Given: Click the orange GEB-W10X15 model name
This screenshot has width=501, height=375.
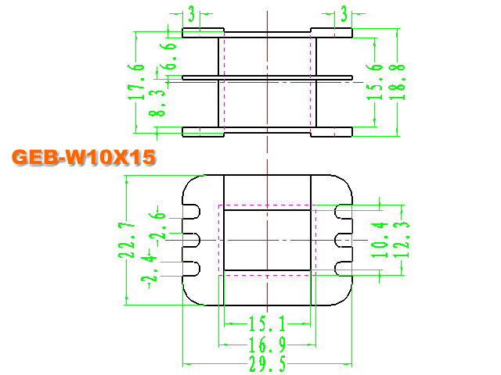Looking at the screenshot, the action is click(x=84, y=157).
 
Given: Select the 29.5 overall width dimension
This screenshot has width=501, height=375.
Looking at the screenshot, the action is click(x=268, y=364).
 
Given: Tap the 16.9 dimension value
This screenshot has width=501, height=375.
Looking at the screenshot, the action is click(x=268, y=345).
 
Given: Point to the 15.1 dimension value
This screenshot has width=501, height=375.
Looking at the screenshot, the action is click(x=267, y=324).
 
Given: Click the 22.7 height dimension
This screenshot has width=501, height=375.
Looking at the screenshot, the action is click(x=127, y=240).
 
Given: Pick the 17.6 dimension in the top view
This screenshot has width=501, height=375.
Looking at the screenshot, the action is click(x=136, y=82).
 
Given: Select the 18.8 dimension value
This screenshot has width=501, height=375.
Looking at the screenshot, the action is click(x=397, y=82).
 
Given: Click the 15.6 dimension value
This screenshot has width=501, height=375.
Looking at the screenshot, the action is click(x=374, y=82).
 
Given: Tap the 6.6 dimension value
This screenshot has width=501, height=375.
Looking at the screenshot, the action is click(x=168, y=56).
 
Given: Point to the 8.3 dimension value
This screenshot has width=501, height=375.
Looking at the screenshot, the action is click(x=157, y=102).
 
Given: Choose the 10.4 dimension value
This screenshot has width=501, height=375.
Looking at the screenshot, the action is click(x=380, y=240).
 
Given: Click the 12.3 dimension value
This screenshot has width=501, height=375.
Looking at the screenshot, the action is click(x=401, y=240).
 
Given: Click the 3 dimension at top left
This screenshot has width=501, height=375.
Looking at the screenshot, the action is click(x=191, y=14).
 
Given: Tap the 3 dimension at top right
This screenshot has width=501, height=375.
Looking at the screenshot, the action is click(x=344, y=14).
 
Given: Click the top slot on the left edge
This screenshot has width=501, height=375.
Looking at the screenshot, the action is click(x=191, y=212).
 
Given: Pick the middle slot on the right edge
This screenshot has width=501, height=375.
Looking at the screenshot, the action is click(x=343, y=240).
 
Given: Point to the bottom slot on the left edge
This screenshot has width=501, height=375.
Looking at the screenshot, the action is click(x=191, y=269).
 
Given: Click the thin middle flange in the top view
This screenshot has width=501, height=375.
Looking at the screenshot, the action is click(x=267, y=77).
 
